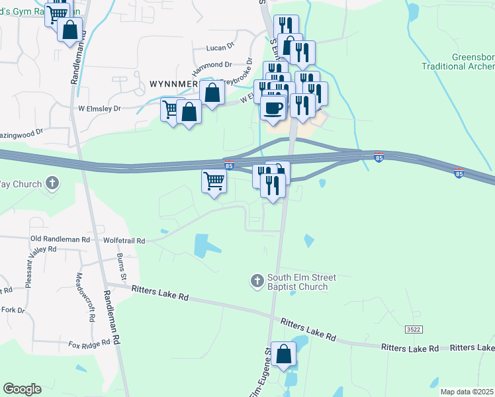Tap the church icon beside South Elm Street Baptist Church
pos(257,281)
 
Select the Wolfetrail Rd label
pos(124,242)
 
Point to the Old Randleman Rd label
pos(60,238)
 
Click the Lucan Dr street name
pos(220,48)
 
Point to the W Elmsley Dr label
pos(100,108)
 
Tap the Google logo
pos(22,389)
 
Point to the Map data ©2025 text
pos(467,392)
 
